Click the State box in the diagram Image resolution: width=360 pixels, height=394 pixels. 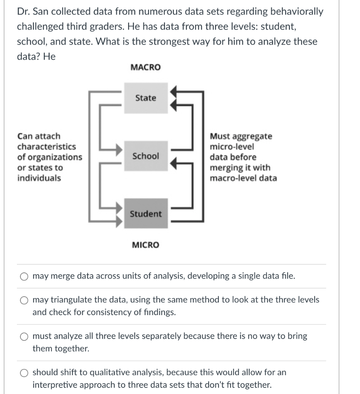pos(146,98)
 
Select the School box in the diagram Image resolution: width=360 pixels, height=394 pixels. pos(146,156)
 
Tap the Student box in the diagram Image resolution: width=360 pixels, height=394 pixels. pos(146,214)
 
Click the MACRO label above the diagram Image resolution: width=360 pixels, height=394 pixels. pos(146,67)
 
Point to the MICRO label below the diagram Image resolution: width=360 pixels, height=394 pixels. pos(145,245)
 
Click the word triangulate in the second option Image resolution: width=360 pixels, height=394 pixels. pos(72,299)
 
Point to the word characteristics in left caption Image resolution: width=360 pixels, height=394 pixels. pos(47,147)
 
